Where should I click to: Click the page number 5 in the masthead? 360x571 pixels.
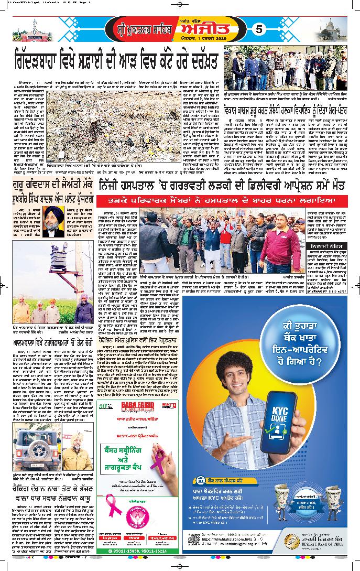257,30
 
